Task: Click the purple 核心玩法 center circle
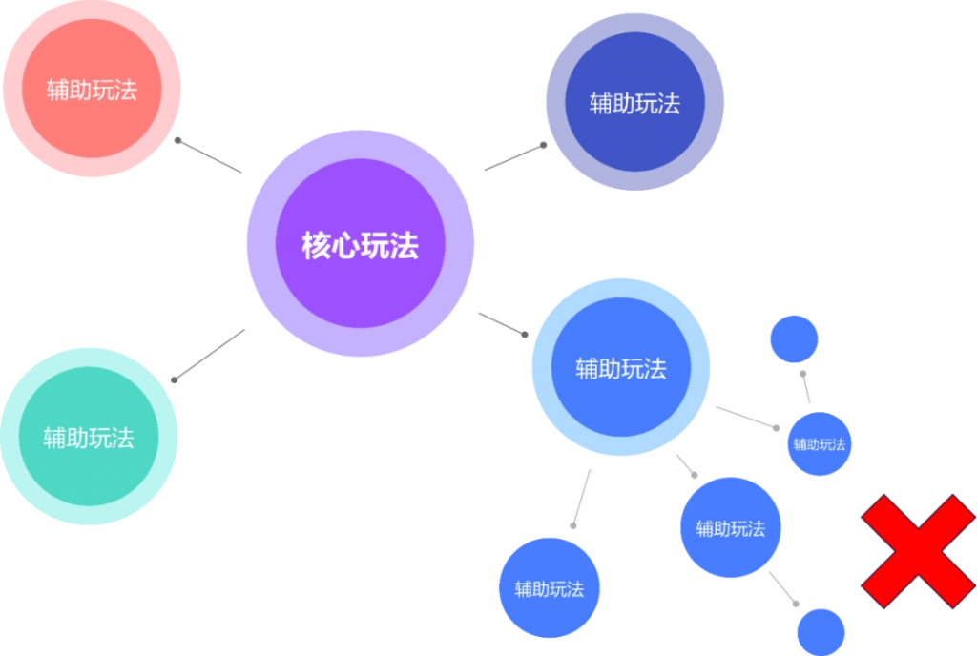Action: click(360, 243)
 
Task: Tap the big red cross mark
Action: click(918, 551)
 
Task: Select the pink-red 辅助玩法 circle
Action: click(93, 89)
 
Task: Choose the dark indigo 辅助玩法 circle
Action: click(634, 102)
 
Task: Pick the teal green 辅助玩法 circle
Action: click(89, 437)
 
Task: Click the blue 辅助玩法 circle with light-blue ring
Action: click(621, 367)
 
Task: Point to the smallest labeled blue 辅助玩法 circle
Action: click(820, 443)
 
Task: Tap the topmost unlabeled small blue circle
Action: click(794, 339)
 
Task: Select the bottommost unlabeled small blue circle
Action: click(821, 632)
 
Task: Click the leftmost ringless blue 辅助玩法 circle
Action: click(550, 587)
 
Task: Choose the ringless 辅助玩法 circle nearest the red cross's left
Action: click(730, 527)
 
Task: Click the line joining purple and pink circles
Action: click(209, 156)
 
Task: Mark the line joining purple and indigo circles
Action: click(514, 157)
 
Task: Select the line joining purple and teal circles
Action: click(209, 355)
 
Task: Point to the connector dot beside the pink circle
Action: click(177, 141)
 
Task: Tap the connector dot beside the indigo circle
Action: click(543, 145)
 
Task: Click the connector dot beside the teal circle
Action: click(175, 379)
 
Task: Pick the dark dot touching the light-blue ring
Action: click(525, 335)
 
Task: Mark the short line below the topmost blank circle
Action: click(806, 388)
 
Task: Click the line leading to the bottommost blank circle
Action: click(782, 587)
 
